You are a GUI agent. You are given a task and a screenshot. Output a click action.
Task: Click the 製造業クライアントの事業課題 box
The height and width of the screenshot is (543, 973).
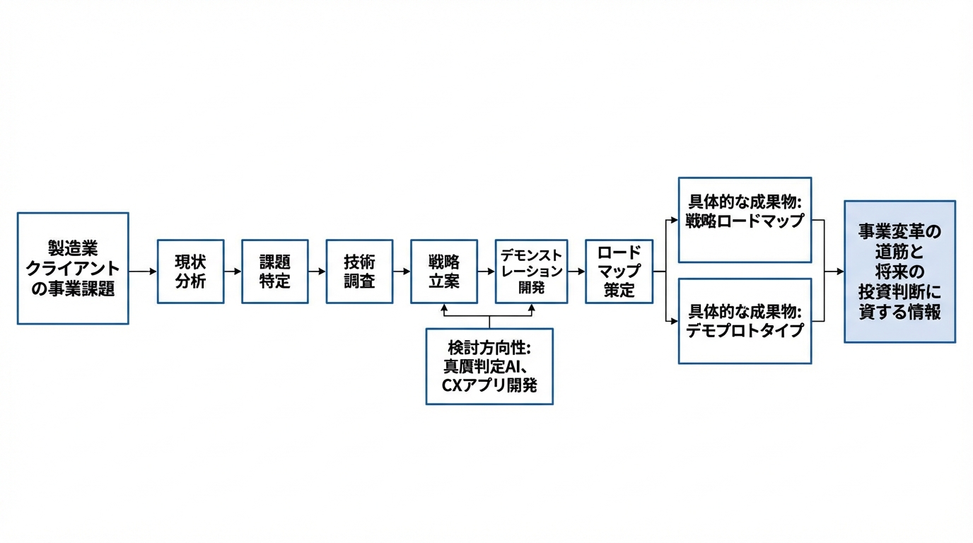[73, 269]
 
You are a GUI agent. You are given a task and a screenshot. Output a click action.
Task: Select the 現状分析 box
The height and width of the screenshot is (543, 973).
[190, 271]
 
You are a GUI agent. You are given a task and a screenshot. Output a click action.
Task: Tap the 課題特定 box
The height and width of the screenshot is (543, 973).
[274, 271]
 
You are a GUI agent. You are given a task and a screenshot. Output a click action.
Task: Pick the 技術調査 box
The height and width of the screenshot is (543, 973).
[359, 271]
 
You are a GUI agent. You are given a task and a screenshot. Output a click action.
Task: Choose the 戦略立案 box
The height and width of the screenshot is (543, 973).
[443, 271]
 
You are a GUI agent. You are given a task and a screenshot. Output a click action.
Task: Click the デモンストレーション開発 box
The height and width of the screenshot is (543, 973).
[531, 271]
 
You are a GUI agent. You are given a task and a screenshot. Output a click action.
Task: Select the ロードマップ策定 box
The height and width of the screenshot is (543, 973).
[619, 271]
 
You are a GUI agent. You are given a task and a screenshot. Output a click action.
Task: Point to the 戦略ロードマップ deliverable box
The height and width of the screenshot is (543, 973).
[745, 220]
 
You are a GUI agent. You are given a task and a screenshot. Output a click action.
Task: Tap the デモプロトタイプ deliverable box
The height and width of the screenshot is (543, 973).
[745, 321]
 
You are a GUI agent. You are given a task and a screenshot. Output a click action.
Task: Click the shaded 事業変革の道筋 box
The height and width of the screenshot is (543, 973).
[899, 271]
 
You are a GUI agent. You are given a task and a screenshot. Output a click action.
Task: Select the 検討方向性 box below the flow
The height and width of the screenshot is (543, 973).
[489, 366]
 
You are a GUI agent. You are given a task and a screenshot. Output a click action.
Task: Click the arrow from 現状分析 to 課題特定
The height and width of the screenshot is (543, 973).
[233, 271]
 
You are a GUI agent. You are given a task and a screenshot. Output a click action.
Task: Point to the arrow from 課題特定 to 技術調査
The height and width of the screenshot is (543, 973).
[317, 271]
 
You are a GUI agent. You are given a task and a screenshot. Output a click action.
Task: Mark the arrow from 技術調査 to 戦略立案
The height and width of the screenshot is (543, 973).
[402, 271]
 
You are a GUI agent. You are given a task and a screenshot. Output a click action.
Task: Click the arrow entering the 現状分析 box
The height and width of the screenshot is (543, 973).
[143, 271]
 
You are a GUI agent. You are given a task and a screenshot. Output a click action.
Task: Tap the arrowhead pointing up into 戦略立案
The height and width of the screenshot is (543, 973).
[444, 308]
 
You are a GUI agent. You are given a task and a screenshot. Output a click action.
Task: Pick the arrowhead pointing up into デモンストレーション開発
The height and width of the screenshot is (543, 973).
[531, 308]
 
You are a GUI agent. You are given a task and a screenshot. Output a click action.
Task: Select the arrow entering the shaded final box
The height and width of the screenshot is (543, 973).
[834, 271]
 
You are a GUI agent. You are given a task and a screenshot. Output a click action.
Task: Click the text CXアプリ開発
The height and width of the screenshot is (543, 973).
[489, 385]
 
